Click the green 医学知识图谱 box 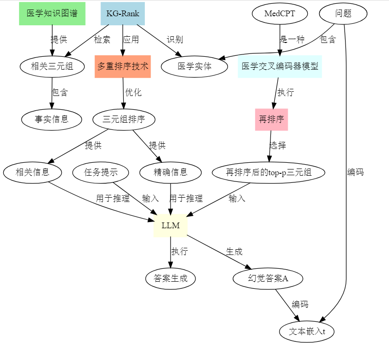pos(52,13)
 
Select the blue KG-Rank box pos(123,13)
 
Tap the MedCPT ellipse pos(280,13)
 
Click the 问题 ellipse pos(343,13)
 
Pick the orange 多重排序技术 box pos(123,66)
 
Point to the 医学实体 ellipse pos(194,66)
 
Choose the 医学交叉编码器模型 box pos(280,66)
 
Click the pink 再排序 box pos(271,119)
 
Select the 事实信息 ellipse pos(52,119)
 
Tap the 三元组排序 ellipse pos(124,119)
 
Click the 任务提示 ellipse pos(101,172)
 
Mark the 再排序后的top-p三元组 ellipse pos(269,172)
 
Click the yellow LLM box pos(171,226)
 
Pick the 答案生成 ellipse pos(171,278)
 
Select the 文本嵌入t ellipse pos(307,331)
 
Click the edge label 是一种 pos(292,40)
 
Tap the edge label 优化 pos(133,93)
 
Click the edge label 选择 pos(278,146)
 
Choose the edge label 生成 pos(234,252)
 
